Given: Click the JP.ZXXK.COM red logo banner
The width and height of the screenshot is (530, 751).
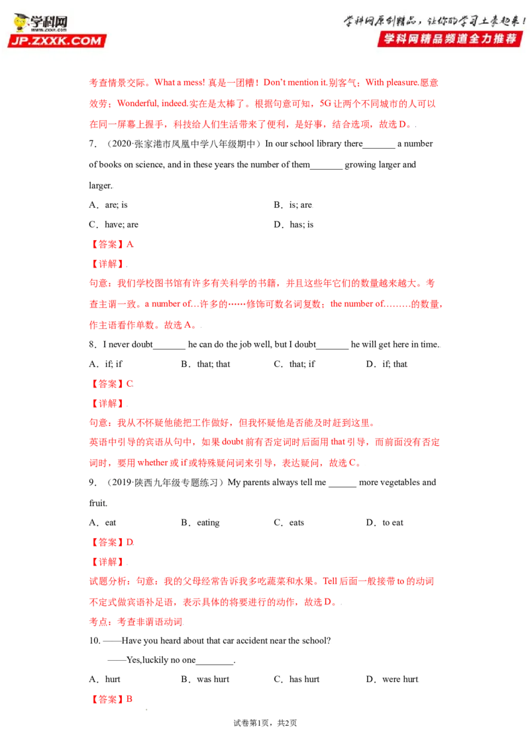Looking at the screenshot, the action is [57, 40].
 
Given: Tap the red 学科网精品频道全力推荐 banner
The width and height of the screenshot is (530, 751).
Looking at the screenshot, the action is [450, 38].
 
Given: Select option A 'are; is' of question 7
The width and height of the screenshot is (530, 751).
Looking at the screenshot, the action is [108, 205].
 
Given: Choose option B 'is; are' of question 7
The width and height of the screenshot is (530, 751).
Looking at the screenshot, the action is [293, 205].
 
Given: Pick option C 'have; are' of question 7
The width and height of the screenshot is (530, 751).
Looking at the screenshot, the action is [113, 225].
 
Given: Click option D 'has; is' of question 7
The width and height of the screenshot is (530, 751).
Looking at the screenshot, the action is [293, 225].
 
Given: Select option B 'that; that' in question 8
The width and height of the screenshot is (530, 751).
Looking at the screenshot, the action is [205, 364].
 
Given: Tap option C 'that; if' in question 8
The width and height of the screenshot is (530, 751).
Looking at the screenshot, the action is [294, 364].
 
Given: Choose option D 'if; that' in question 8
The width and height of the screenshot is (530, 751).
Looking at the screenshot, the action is [387, 364].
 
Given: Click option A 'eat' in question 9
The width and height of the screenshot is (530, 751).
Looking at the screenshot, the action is [103, 523].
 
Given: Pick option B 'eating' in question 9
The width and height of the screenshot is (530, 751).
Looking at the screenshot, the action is [201, 523].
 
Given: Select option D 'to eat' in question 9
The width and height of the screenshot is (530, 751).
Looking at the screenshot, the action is [385, 523].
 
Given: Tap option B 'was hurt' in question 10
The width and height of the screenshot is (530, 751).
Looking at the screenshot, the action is [205, 679].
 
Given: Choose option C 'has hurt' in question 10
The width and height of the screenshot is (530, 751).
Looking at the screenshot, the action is [297, 679].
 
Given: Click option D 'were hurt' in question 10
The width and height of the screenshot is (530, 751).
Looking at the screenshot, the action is [392, 679].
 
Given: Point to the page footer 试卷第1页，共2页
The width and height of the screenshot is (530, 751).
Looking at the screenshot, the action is [265, 722].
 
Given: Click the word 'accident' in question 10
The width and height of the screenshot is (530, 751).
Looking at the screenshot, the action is [252, 641].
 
